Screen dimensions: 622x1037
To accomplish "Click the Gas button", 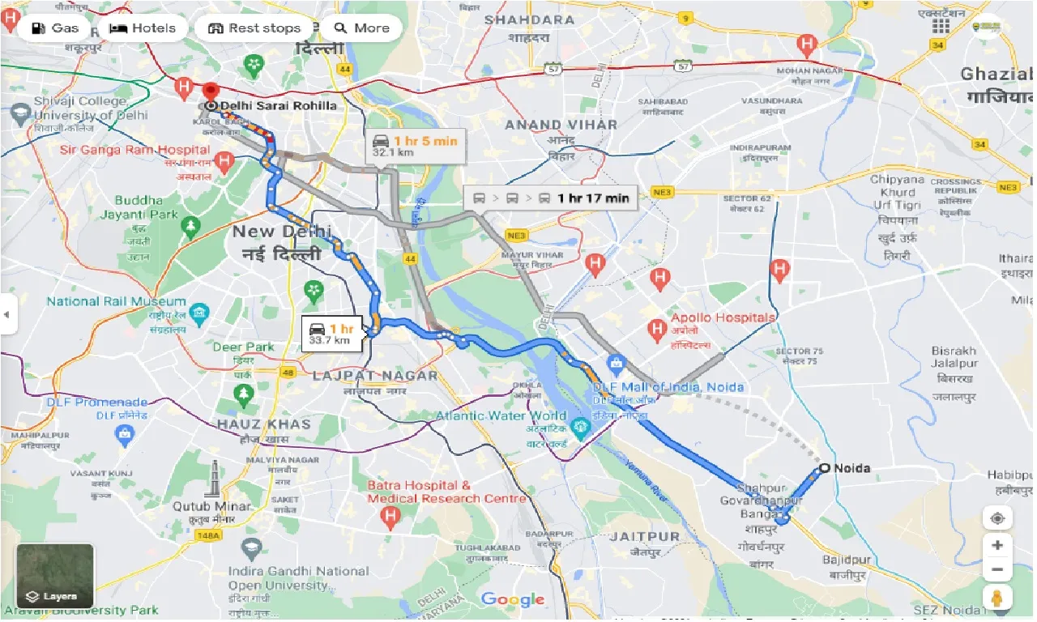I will pos(55,28).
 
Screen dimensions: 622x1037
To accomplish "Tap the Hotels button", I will pos(143,28).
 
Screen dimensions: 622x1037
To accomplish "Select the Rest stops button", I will pos(254,28).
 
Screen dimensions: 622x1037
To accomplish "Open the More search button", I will pos(361,28).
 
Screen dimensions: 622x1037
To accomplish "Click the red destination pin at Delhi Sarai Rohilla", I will pos(211,91).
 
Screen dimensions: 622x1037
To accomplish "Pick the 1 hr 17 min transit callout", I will pos(551,198).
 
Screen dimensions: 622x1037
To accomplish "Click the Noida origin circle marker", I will pos(824,468).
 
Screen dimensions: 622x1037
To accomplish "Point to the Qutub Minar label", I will pos(211,506).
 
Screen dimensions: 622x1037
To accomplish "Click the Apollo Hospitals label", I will pos(723,317).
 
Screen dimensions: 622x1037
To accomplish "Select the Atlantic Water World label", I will pos(501,415).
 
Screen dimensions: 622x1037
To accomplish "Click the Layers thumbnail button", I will pos(55,576).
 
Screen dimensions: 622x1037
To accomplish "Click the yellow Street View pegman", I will pos(997,599).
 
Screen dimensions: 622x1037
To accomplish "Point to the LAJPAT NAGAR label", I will pos(375,375).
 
